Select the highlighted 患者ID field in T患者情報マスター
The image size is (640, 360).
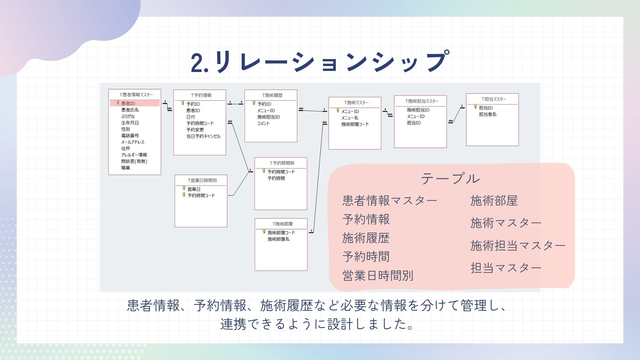[x=128, y=103]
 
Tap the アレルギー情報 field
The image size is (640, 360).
[x=134, y=155]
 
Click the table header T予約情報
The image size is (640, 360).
[x=201, y=95]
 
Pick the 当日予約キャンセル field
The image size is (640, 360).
[x=203, y=136]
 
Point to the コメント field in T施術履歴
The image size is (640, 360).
[x=263, y=123]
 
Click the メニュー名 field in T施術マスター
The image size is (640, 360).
[x=350, y=118]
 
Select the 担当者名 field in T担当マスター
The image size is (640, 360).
[x=488, y=114]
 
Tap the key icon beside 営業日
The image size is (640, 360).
[x=184, y=188]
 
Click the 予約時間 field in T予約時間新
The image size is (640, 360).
[x=276, y=178]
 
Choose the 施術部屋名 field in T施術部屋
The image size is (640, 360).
[x=278, y=239]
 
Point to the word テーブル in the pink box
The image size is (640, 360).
[x=450, y=179]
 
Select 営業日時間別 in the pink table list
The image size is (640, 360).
[x=378, y=276]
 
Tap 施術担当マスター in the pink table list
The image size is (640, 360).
[x=518, y=246]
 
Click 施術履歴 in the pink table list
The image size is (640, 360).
[x=366, y=238]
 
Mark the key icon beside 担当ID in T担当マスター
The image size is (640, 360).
[x=476, y=107]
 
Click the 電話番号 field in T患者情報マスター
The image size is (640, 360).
[x=130, y=136]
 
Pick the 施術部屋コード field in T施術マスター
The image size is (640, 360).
[x=355, y=124]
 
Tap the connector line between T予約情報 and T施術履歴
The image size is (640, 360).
[x=235, y=104]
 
